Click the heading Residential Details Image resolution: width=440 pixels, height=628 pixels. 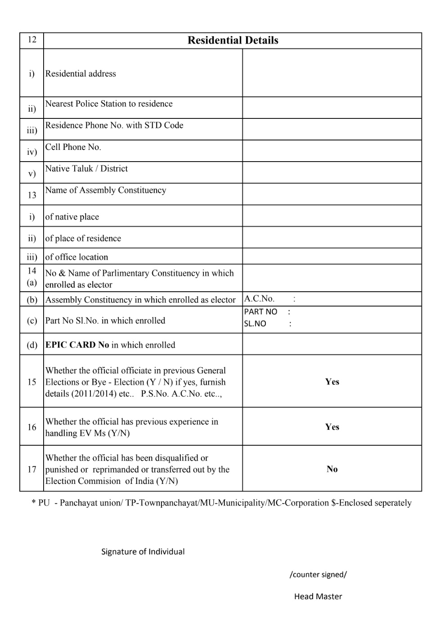233,41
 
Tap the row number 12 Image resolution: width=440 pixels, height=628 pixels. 31,39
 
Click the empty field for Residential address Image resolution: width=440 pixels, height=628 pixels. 332,73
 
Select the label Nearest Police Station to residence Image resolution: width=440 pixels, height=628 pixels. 109,104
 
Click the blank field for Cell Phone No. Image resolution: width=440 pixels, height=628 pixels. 332,151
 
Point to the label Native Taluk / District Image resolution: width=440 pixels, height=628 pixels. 86,169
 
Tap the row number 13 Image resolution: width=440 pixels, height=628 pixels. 31,195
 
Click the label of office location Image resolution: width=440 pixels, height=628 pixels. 76,257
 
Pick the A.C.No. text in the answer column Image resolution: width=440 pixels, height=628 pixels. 259,298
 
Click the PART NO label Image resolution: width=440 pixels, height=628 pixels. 260,312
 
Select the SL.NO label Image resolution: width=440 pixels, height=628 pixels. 255,324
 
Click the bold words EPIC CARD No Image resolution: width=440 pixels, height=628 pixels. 77,345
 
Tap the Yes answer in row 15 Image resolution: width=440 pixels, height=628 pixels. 332,382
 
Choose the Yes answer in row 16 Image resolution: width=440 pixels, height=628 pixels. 332,427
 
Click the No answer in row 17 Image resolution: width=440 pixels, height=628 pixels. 332,469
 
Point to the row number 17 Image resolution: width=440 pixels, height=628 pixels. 31,469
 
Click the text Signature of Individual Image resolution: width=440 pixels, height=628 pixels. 143,551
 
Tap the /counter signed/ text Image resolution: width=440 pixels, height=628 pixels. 318,574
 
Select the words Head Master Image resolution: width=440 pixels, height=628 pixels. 318,596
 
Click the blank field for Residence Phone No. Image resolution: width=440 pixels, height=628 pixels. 332,129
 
